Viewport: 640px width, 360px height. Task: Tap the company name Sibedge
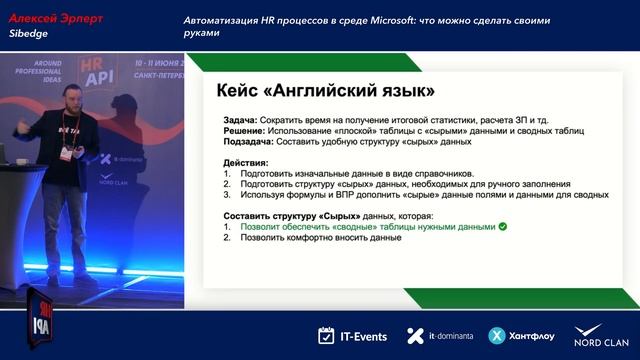(29, 33)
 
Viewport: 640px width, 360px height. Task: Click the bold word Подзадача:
(252, 141)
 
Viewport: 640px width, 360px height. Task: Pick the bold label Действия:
(245, 163)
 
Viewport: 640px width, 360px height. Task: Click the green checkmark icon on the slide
(503, 227)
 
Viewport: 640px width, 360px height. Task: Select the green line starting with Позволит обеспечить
(366, 227)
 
